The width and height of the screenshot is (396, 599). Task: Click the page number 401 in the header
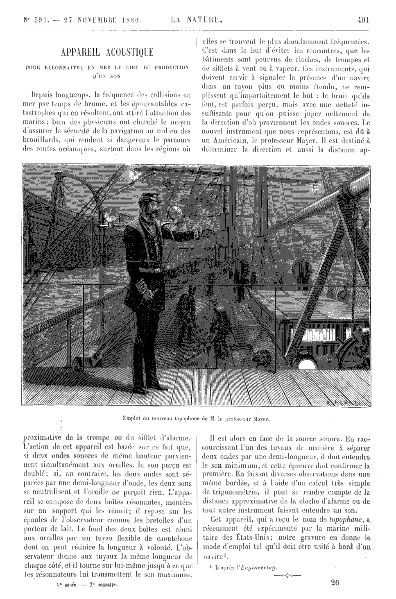(363, 19)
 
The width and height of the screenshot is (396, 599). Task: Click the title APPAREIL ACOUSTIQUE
(107, 52)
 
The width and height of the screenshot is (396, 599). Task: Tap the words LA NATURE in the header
(197, 19)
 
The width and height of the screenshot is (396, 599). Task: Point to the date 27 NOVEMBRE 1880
(102, 19)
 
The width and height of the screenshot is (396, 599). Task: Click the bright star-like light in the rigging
(316, 187)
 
